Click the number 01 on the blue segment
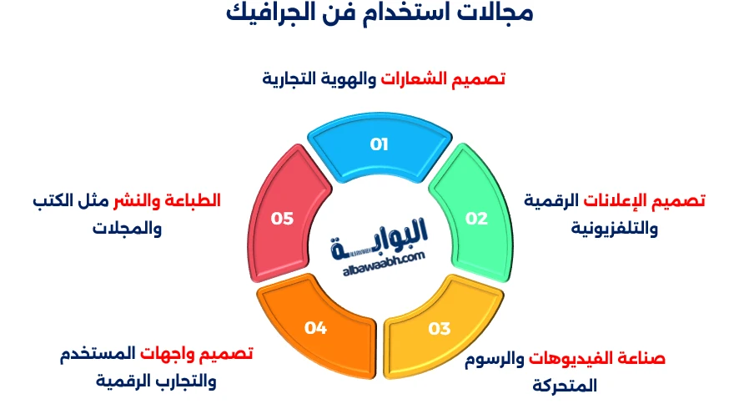point(380,144)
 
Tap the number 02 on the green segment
point(476,219)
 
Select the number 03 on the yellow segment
point(439,328)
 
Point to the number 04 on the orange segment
point(315,328)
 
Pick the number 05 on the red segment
point(283,219)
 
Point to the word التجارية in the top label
point(292,79)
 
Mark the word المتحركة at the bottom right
point(565,386)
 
